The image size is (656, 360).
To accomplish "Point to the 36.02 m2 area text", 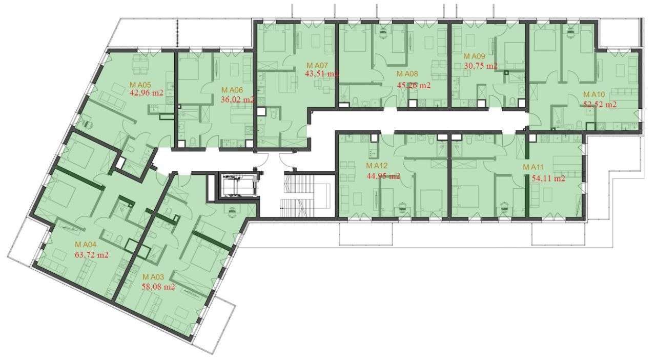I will pos(237,100).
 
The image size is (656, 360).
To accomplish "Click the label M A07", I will pos(317,66).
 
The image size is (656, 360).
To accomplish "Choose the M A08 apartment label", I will pos(407,74).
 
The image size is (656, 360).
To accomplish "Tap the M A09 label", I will pos(474,56).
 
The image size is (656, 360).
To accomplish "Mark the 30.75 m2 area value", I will pos(481,66).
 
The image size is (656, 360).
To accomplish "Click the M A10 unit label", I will pos(594,95).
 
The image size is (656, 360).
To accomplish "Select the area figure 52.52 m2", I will pos(600,105).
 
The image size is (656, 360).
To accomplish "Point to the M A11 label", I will pos(534,168).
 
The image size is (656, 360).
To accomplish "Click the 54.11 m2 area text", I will pos(548,179).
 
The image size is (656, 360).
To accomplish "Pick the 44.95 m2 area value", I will pos(383,176).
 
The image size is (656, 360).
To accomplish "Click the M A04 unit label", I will pos(85,244).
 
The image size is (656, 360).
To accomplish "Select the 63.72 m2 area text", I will pos(91,254).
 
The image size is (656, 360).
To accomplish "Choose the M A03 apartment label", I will pos(153,277).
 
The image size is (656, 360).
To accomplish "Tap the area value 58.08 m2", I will pos(158,287).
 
